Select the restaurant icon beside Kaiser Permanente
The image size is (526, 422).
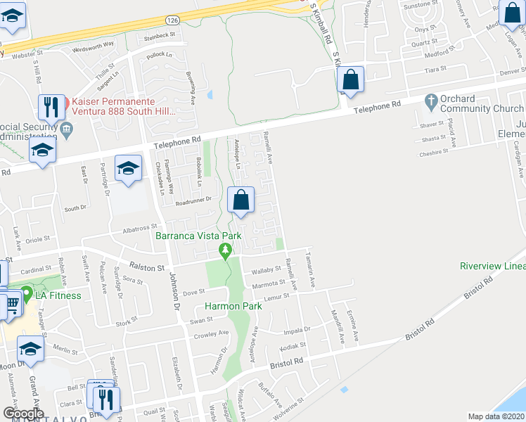(x=51, y=108)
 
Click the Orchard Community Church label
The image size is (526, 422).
(x=482, y=104)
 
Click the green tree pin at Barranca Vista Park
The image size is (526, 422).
(x=225, y=250)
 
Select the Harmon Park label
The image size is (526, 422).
(x=233, y=306)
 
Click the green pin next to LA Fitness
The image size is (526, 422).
(x=27, y=292)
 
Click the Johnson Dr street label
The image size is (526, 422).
(x=174, y=294)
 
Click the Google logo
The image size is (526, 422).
(x=23, y=414)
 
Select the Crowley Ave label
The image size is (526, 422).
(x=212, y=333)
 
